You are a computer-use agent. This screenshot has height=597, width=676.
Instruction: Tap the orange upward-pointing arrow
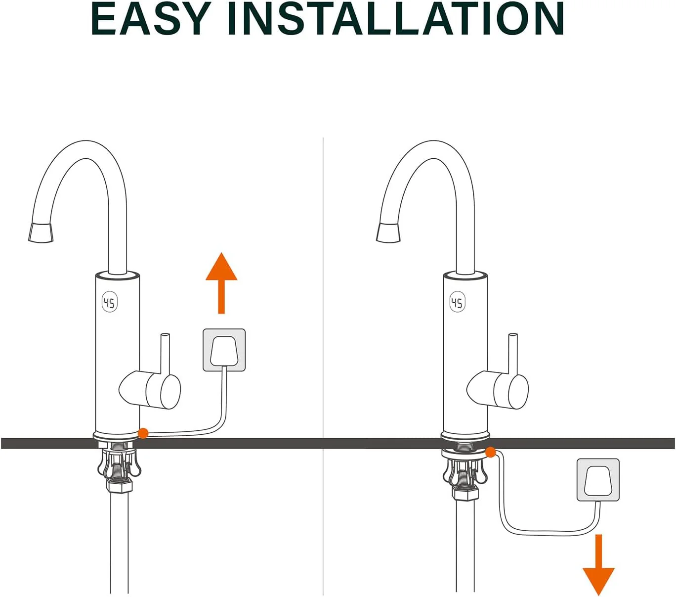click(221, 283)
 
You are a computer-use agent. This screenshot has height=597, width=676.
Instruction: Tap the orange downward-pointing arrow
click(598, 564)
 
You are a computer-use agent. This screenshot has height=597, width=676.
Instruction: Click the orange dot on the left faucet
click(143, 433)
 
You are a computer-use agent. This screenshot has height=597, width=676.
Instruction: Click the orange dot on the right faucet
click(491, 453)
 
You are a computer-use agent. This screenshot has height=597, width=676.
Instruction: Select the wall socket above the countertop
click(224, 350)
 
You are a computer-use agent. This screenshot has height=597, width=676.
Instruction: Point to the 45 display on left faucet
click(110, 303)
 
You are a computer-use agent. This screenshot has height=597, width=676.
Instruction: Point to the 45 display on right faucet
click(458, 303)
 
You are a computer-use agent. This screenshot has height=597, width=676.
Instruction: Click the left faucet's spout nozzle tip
click(41, 232)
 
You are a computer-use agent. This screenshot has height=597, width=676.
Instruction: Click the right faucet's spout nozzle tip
click(388, 232)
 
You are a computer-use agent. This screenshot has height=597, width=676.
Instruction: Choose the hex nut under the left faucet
click(120, 485)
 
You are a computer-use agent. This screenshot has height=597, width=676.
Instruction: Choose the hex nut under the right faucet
click(465, 493)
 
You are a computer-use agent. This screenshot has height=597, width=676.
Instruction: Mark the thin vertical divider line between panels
click(323, 367)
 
